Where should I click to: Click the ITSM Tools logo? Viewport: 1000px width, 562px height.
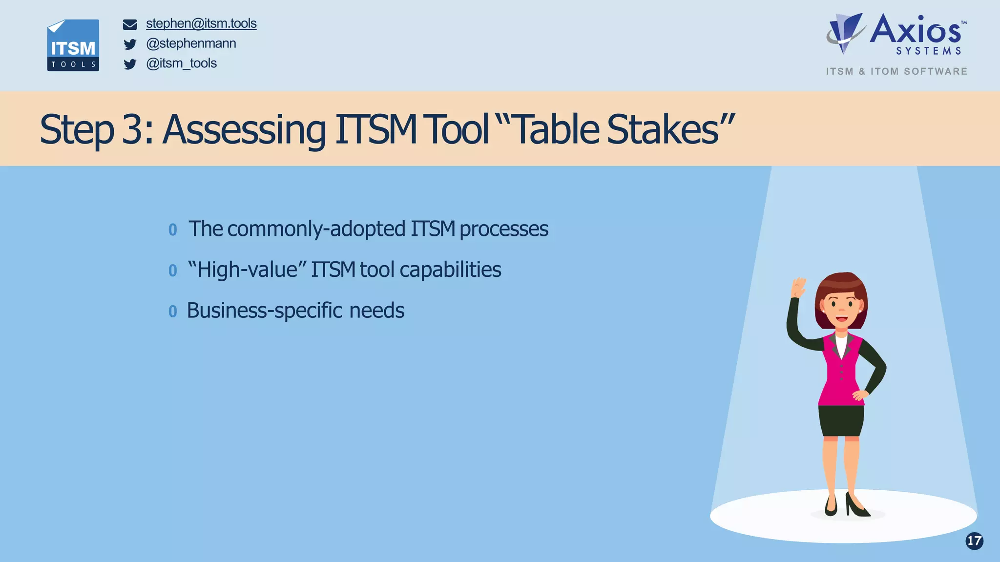coord(73,45)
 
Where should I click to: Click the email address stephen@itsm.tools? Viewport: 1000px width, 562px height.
coord(201,23)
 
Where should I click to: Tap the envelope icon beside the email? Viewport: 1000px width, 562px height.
coord(130,24)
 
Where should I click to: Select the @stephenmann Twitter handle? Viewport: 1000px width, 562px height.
coord(191,43)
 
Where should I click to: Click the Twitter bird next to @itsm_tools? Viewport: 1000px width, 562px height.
coord(130,64)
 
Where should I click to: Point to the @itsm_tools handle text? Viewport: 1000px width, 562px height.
coord(181,63)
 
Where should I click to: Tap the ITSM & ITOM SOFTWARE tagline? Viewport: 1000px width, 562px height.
coord(896,71)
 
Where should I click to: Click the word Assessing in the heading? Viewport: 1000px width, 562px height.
coord(244,129)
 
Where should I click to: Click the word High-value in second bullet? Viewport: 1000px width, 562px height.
coord(247,270)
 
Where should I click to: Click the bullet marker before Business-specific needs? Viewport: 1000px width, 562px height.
coord(172,311)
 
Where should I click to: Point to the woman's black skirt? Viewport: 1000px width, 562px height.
coord(841,420)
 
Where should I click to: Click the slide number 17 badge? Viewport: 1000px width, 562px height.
coord(974,541)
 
